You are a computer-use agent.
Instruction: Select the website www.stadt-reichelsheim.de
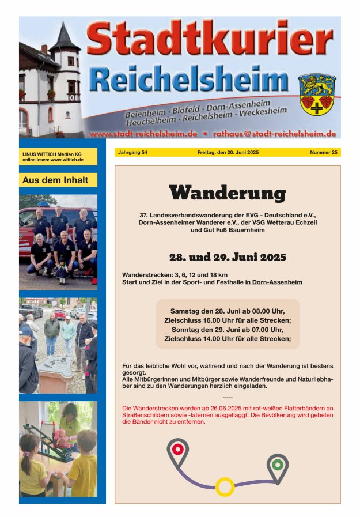click(x=143, y=134)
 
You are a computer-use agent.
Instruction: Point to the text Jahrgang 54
click(x=132, y=153)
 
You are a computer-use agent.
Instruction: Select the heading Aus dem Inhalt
click(x=55, y=180)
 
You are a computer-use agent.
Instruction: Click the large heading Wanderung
click(x=228, y=193)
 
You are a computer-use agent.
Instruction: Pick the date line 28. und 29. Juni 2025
click(x=228, y=257)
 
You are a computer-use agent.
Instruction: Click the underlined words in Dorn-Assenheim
click(x=274, y=282)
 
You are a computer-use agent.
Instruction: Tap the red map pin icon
click(x=177, y=449)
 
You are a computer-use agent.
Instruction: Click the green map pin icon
click(x=277, y=465)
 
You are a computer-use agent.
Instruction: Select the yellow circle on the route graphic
click(x=225, y=486)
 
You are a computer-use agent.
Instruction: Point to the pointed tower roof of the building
click(x=65, y=39)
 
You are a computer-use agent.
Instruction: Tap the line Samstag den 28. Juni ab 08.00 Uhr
click(x=228, y=311)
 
